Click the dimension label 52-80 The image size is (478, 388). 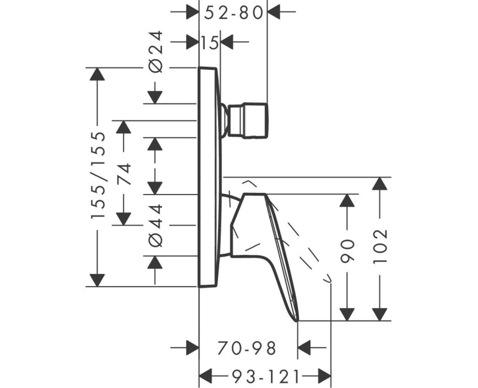point(234,11)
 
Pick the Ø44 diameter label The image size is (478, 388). point(155,225)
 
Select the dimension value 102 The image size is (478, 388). point(379,246)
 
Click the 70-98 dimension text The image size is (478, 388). point(247,347)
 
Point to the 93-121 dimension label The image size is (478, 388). point(264,375)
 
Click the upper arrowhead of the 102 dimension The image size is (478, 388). point(379,184)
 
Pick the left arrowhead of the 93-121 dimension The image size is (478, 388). point(206,375)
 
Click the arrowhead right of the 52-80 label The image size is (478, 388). point(274,11)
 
